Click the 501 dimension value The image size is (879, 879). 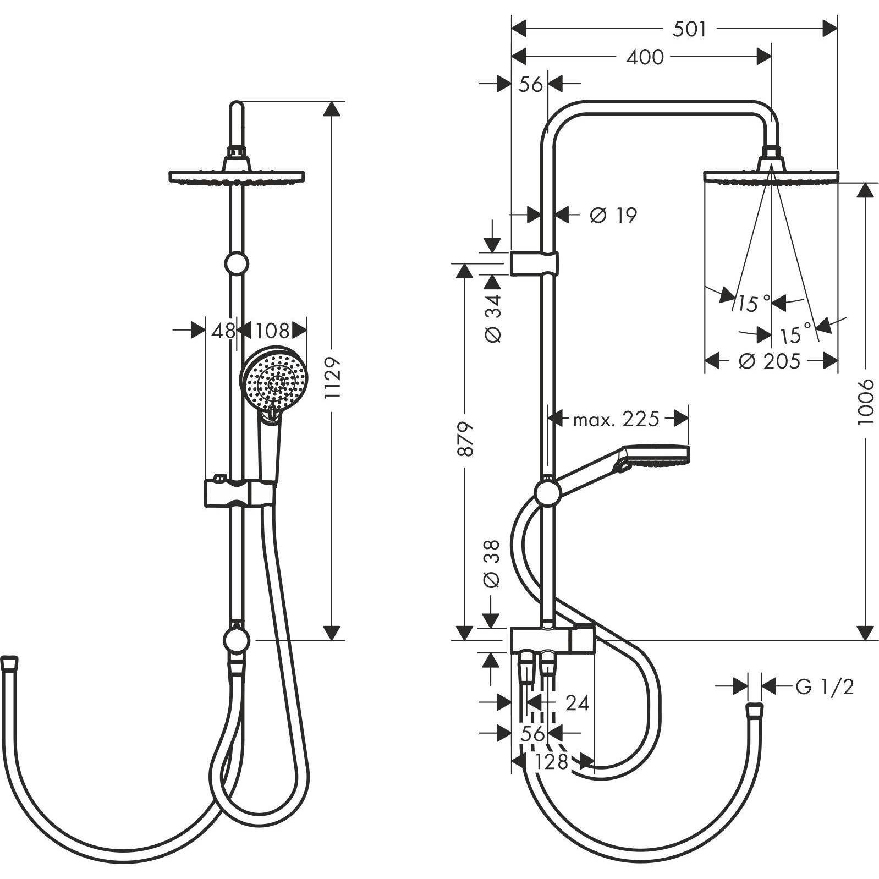689,29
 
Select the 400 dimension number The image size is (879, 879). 645,57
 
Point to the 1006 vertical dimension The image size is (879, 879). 865,401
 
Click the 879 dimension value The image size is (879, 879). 465,438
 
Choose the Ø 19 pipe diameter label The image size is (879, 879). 613,215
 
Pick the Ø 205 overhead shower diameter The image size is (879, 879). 770,361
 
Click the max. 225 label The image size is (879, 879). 616,420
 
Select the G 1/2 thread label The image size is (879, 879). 825,686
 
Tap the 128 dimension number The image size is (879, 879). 552,762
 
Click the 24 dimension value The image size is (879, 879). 577,703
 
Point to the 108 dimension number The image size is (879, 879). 272,331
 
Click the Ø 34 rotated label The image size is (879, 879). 493,318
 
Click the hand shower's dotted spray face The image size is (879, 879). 274,379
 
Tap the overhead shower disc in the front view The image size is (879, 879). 237,177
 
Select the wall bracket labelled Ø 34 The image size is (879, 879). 534,263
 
